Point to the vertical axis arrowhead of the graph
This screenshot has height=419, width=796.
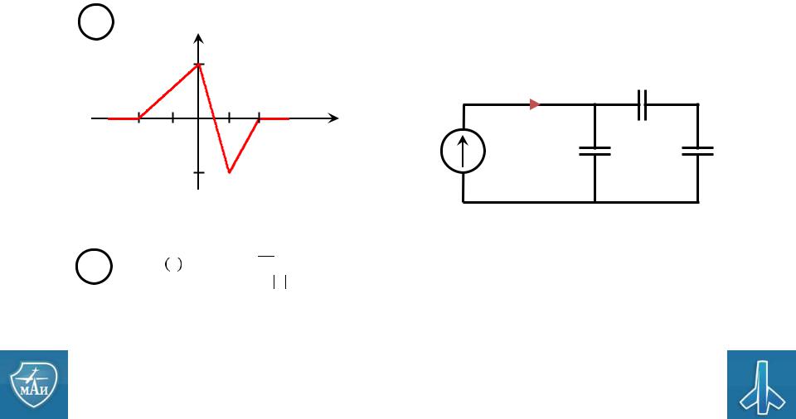click(x=198, y=39)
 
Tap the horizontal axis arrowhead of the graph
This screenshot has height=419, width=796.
click(x=333, y=118)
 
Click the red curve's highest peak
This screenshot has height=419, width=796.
click(x=198, y=65)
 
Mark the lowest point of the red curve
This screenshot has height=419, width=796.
click(x=230, y=172)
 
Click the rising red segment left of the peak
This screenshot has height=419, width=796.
click(x=168, y=91)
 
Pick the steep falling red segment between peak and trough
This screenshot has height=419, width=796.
click(x=214, y=118)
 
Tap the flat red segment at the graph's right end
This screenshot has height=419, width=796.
click(x=274, y=118)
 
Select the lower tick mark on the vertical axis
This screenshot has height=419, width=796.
click(x=198, y=172)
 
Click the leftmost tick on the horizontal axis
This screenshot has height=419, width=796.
click(x=138, y=118)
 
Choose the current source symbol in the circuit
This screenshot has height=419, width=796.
click(x=463, y=152)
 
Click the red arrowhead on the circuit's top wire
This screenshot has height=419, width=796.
click(x=535, y=104)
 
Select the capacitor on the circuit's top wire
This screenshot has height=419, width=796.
click(x=642, y=105)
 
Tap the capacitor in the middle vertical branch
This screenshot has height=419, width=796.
click(x=595, y=151)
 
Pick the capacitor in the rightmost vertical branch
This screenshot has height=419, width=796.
click(x=697, y=151)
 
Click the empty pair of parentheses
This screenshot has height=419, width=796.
click(x=173, y=264)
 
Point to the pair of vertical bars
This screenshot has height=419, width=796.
click(x=280, y=282)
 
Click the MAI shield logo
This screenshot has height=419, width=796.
click(x=34, y=384)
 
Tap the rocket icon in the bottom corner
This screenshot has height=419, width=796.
click(x=761, y=386)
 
